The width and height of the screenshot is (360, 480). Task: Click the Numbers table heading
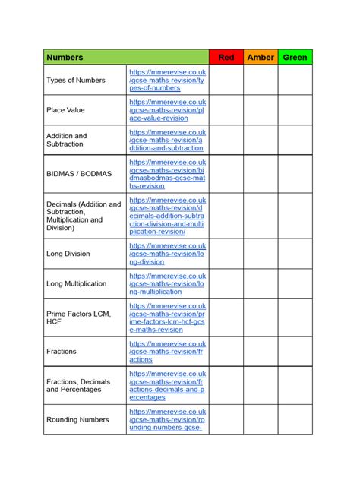65,57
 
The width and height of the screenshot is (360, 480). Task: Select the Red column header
226,57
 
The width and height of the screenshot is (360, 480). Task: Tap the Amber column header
261,57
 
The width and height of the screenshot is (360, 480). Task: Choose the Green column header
295,57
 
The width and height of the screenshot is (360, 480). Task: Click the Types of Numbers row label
76,80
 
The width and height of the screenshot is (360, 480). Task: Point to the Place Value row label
66,110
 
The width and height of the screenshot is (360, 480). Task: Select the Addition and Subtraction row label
67,140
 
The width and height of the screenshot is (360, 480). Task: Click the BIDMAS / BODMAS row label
79,174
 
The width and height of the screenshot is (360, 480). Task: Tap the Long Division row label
68,254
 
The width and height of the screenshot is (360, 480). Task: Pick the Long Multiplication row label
77,283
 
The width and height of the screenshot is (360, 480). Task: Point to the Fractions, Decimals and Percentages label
78,385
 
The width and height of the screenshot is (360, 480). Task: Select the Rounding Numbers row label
77,419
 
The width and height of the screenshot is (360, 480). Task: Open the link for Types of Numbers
167,80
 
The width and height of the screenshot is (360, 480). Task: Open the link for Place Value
167,110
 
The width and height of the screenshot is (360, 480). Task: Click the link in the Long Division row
167,254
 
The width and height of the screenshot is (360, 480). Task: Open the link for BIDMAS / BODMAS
167,174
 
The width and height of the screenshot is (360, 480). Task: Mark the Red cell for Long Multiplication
226,283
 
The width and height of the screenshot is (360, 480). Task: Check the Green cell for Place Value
295,110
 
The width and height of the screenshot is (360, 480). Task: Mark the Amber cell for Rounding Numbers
261,419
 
